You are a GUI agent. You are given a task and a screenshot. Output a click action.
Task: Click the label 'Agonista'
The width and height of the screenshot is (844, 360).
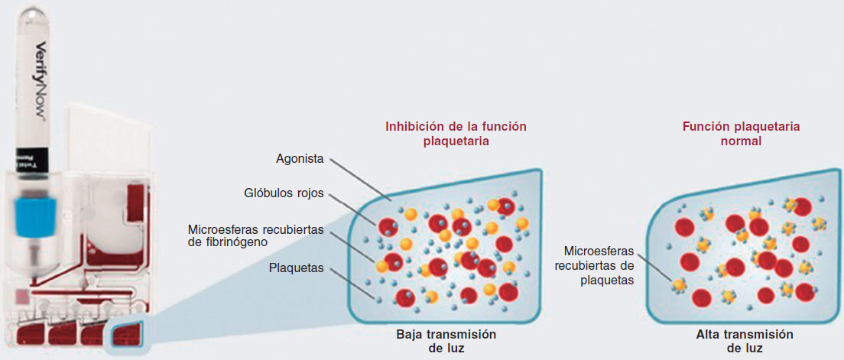tap(300, 159)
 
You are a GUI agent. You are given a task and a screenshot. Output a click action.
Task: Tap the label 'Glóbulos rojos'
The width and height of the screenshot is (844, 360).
tap(285, 194)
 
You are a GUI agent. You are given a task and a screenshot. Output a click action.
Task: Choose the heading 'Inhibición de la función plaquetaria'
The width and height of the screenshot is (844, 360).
tap(456, 134)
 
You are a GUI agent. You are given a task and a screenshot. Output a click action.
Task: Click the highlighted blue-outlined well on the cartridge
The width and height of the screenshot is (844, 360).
tap(128, 336)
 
